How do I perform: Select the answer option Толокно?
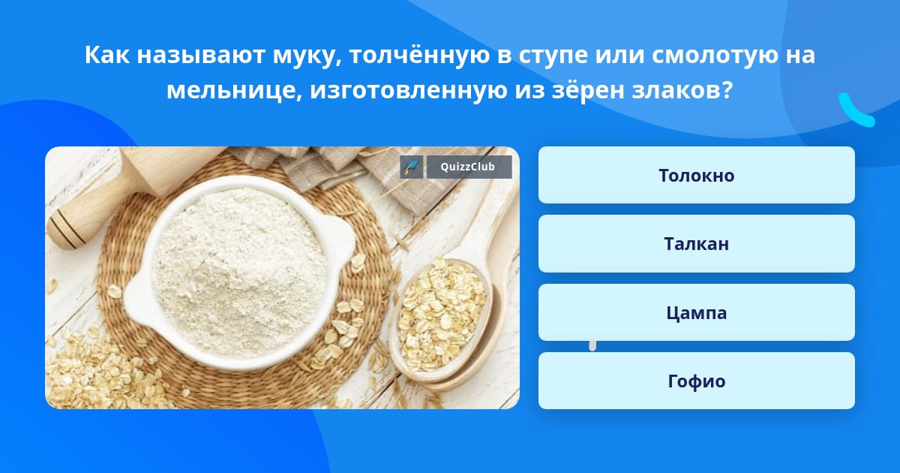(x=696, y=175)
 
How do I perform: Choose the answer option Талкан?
(x=696, y=244)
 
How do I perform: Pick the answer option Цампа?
(x=696, y=312)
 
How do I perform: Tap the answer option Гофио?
(x=696, y=381)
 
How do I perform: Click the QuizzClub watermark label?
(x=469, y=167)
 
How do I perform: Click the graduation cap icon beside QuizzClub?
(x=412, y=167)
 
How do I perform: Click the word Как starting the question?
(x=106, y=55)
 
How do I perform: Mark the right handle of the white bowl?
(x=341, y=241)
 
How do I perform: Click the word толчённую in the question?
(x=419, y=56)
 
